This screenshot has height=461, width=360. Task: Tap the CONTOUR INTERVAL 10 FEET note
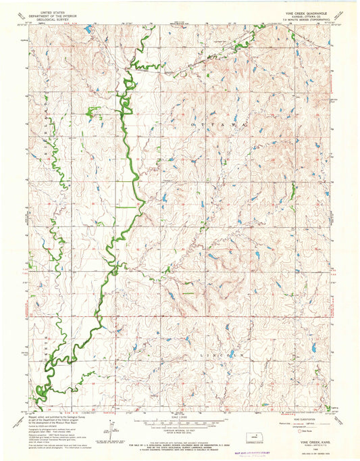coord(180,424)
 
